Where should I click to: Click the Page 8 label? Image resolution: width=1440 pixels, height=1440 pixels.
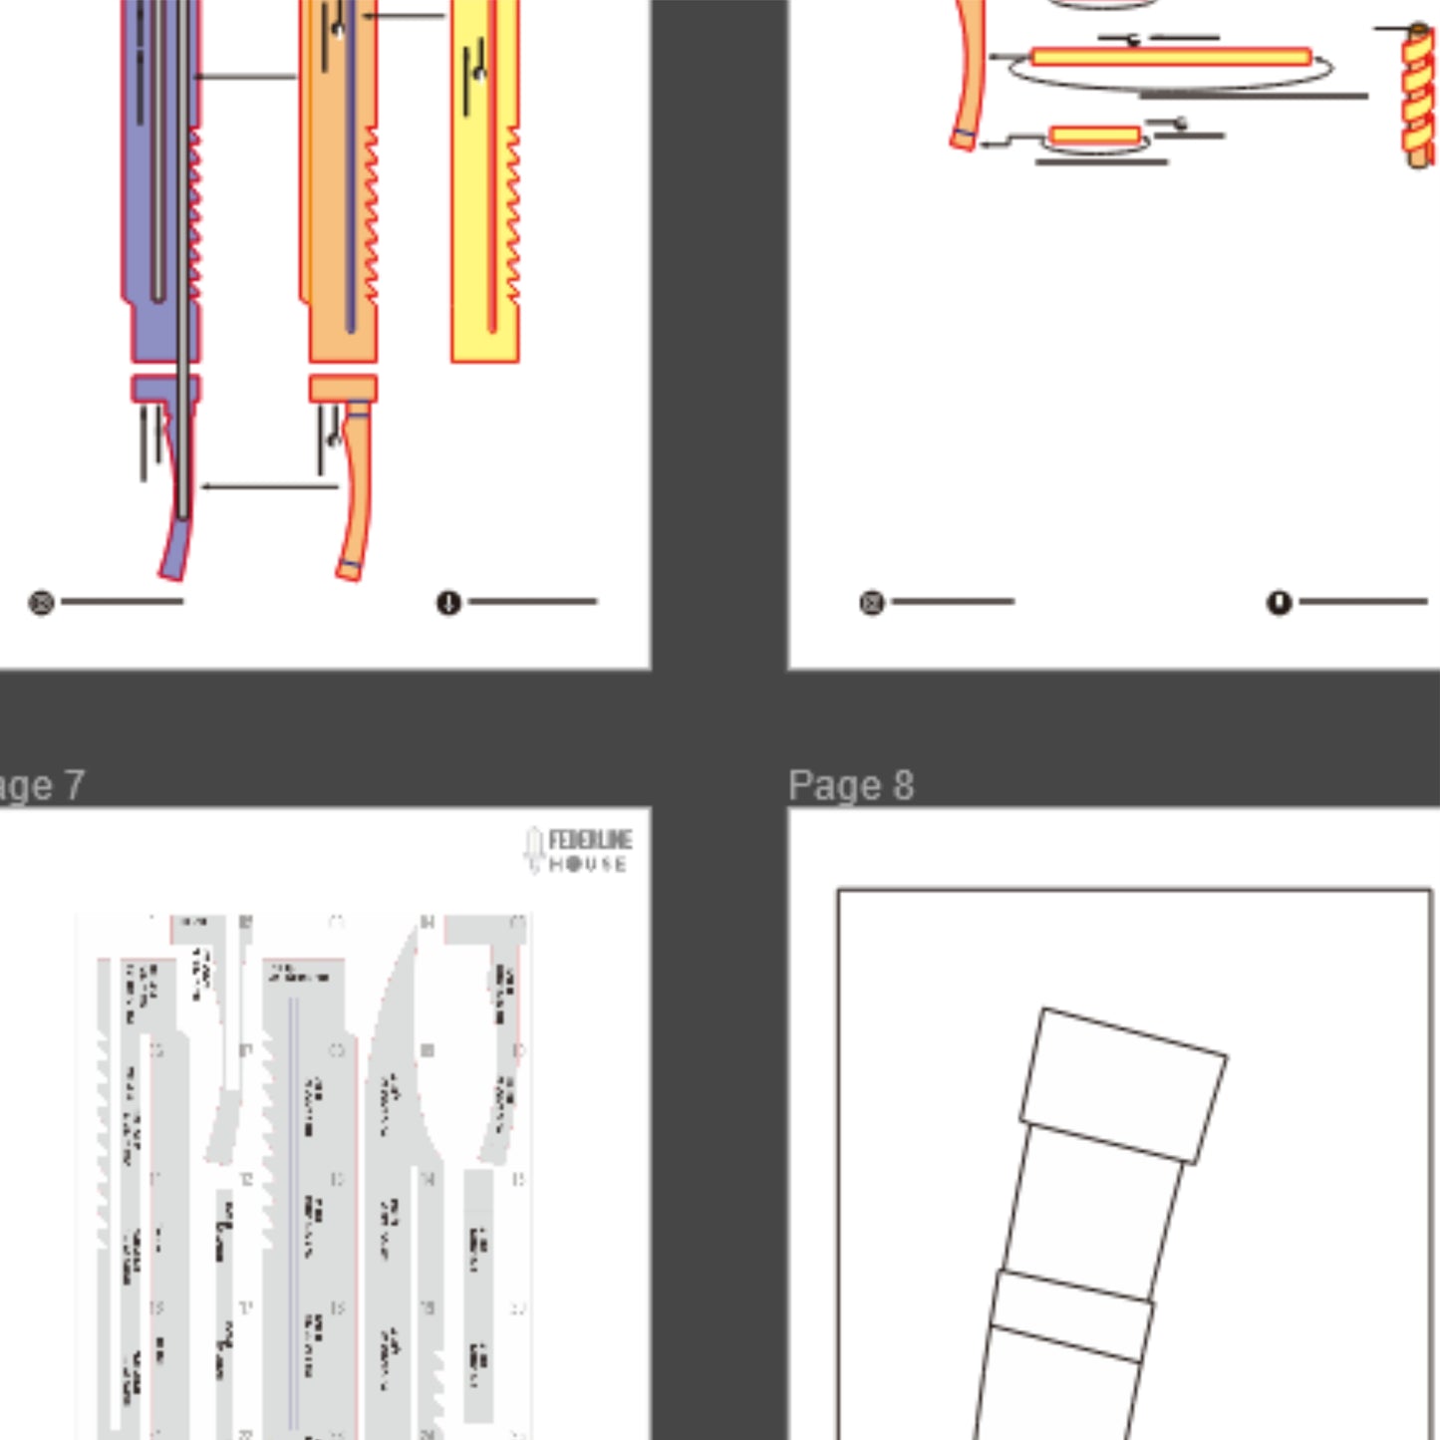pos(850,785)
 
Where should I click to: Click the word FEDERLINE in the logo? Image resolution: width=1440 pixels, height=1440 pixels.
pos(589,840)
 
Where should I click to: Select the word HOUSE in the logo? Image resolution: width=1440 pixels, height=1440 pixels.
pos(588,864)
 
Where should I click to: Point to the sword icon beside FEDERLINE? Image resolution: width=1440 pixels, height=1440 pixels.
pos(534,849)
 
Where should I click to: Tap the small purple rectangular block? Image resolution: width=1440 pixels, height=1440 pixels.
pos(164,388)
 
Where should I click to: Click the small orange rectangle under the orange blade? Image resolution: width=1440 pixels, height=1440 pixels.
pos(343,388)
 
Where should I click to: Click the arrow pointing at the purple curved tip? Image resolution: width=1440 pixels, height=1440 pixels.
pos(269,486)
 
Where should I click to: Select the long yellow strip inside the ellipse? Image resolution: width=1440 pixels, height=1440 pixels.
pos(1171,57)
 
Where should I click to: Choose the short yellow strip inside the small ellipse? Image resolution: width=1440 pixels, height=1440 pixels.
pos(1094,136)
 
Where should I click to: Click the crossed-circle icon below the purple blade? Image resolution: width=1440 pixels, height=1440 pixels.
pos(41,602)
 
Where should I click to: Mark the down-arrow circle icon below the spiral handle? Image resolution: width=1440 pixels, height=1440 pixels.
pos(1279,602)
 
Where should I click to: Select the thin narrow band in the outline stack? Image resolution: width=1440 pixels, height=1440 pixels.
pos(1071,1315)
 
